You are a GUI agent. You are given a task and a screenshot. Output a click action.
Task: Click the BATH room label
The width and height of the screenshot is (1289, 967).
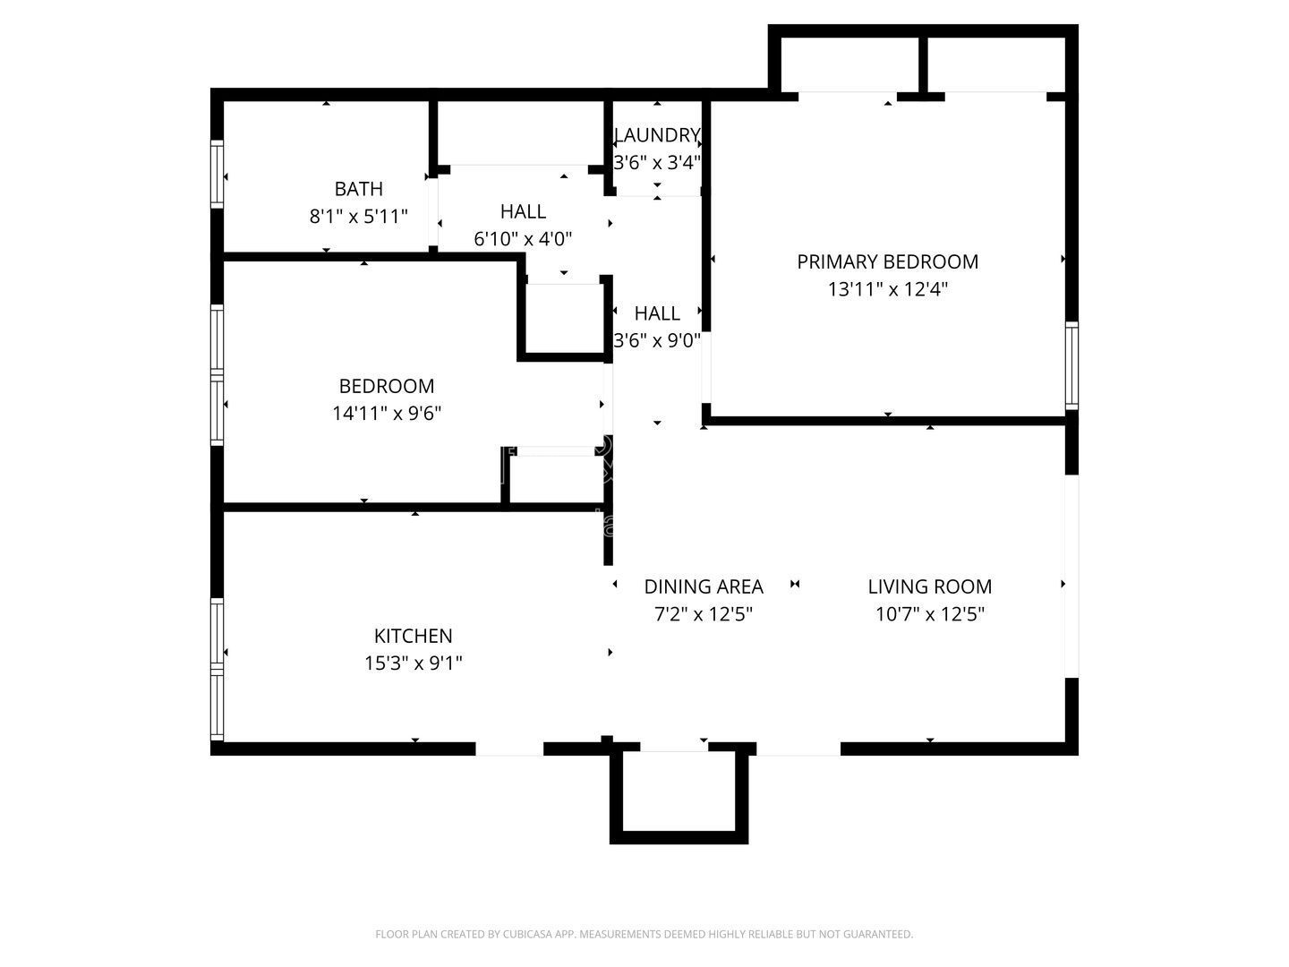(x=358, y=189)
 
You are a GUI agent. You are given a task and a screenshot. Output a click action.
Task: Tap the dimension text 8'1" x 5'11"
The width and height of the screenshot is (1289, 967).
(x=358, y=217)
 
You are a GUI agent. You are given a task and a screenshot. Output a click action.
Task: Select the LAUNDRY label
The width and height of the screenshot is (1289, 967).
(x=657, y=135)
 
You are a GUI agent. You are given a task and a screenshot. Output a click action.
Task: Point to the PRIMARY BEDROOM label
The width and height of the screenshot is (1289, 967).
(x=887, y=261)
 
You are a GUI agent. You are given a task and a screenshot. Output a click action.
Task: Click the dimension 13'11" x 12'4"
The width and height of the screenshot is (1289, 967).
(x=887, y=289)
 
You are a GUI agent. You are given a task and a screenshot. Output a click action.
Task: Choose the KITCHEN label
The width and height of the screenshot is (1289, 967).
(x=413, y=636)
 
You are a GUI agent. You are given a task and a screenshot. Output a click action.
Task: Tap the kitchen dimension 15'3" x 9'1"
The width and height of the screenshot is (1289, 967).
(x=413, y=663)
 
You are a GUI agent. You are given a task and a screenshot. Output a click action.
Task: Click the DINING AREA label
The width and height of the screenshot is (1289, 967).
(x=704, y=586)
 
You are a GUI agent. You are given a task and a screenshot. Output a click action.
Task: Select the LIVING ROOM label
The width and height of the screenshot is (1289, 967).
(x=929, y=586)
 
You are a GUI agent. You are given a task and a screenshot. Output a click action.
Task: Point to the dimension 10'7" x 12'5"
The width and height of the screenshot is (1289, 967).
(x=929, y=614)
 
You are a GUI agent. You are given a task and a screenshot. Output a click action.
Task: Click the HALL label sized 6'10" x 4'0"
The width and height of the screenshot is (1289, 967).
(x=523, y=211)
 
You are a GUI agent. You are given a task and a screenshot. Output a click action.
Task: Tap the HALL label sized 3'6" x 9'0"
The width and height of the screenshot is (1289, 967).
(x=657, y=313)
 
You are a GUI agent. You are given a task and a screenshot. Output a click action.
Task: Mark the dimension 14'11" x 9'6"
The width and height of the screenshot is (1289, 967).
(x=387, y=414)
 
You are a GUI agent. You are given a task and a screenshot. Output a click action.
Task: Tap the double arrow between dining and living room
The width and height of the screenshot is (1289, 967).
(x=795, y=585)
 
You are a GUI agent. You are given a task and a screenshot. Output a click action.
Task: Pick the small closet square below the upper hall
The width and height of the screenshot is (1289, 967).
(x=563, y=319)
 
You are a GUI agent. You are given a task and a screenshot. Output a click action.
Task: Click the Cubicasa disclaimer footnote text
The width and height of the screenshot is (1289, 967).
(x=644, y=934)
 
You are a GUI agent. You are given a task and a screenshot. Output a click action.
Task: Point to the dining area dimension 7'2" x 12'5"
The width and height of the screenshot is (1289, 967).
(x=704, y=614)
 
